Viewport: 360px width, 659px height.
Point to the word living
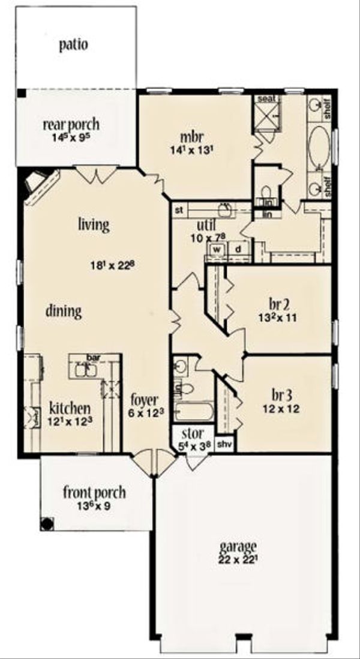click(x=93, y=225)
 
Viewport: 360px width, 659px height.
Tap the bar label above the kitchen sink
click(x=92, y=357)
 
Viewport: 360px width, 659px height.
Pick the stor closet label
click(x=193, y=432)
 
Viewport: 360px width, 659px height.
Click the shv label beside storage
click(x=223, y=444)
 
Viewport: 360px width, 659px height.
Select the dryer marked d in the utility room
click(x=238, y=248)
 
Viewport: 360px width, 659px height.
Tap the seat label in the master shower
click(x=266, y=98)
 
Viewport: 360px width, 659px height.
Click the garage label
click(x=238, y=547)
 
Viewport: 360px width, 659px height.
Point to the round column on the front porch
click(x=46, y=523)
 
